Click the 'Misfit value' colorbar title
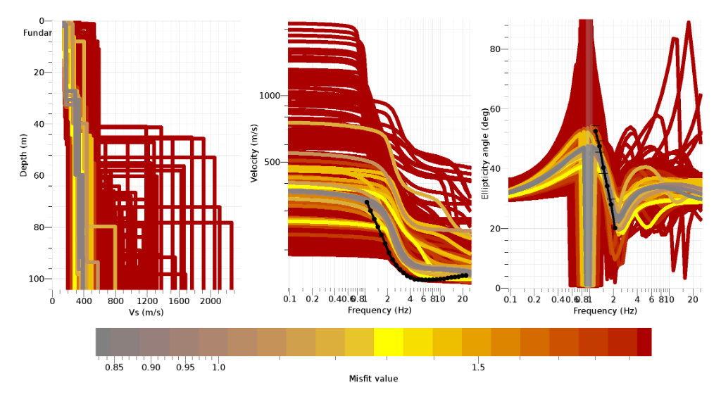[373, 379]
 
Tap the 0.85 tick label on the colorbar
[114, 368]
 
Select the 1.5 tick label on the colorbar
[478, 368]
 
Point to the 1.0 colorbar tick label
[218, 368]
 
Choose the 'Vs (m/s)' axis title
[146, 312]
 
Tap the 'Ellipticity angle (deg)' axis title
[484, 153]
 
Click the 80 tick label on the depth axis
[39, 227]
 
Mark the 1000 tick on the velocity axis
[271, 96]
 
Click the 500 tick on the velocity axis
[273, 162]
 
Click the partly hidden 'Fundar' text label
[37, 33]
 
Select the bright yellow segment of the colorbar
[388, 341]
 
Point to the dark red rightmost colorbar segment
[644, 341]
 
